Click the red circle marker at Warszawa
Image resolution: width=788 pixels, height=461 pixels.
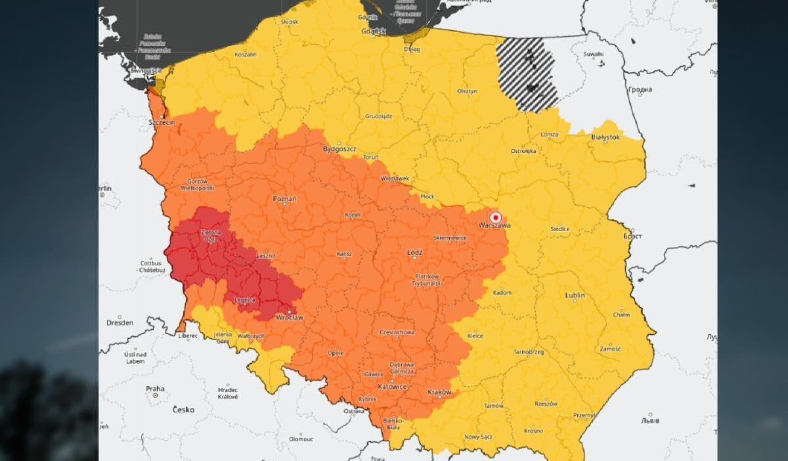click(x=496, y=217)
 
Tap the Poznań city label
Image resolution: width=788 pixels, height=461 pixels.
click(x=284, y=198)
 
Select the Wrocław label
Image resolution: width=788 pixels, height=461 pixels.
click(x=290, y=318)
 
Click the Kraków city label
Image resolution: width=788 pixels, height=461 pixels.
click(x=439, y=392)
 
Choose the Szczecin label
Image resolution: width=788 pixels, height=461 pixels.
click(x=162, y=122)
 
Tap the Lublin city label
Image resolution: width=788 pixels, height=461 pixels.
click(x=575, y=296)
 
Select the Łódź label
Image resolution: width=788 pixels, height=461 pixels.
click(x=415, y=252)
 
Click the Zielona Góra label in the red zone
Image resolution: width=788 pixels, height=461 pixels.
click(x=211, y=236)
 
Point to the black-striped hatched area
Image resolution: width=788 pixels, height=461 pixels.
click(x=527, y=74)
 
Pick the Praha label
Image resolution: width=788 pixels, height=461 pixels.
click(x=155, y=389)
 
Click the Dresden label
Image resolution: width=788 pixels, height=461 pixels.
click(x=120, y=322)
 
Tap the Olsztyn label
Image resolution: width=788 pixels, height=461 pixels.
click(x=467, y=91)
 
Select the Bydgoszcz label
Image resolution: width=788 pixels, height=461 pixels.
click(x=339, y=149)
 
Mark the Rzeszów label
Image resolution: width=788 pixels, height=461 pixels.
click(x=545, y=403)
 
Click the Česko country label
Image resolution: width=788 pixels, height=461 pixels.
click(x=183, y=410)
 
